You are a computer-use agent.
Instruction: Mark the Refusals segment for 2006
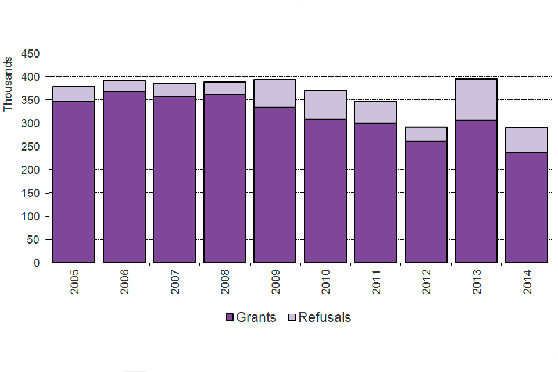coord(124,86)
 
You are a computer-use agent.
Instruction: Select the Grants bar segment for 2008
coord(225,178)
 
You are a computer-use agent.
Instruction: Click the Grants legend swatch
coord(229,318)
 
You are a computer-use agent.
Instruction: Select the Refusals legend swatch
coord(292,318)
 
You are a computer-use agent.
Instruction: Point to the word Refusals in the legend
coord(325,317)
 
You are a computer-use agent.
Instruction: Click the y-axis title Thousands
coord(8,84)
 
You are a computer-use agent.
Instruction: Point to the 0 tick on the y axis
coord(37,263)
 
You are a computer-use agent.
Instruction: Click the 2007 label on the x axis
coord(175,281)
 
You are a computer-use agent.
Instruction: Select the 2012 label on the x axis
coord(426,281)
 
